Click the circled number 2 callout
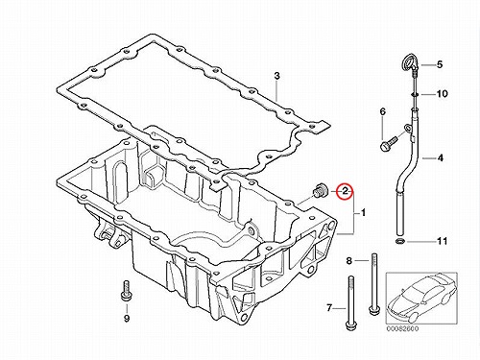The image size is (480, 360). click(x=346, y=191)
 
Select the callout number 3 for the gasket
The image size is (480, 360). click(x=276, y=76)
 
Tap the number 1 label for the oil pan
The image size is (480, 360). click(x=363, y=212)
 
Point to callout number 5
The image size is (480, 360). click(x=440, y=64)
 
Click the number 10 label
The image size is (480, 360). click(x=442, y=94)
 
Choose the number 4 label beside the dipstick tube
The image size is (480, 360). click(x=441, y=157)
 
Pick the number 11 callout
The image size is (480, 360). click(x=442, y=241)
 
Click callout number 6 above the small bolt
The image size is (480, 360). click(x=383, y=111)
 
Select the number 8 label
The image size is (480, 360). click(x=348, y=261)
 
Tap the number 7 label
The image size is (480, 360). click(x=329, y=308)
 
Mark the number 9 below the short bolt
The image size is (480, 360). click(x=127, y=319)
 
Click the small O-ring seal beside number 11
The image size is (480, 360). click(x=400, y=241)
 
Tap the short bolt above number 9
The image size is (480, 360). click(x=126, y=291)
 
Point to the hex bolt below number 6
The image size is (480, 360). click(x=388, y=143)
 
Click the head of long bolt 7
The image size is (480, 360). click(x=349, y=325)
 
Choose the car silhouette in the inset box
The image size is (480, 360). click(x=421, y=298)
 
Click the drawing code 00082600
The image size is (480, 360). click(x=402, y=328)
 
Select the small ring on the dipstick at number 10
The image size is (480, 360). click(x=415, y=94)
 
